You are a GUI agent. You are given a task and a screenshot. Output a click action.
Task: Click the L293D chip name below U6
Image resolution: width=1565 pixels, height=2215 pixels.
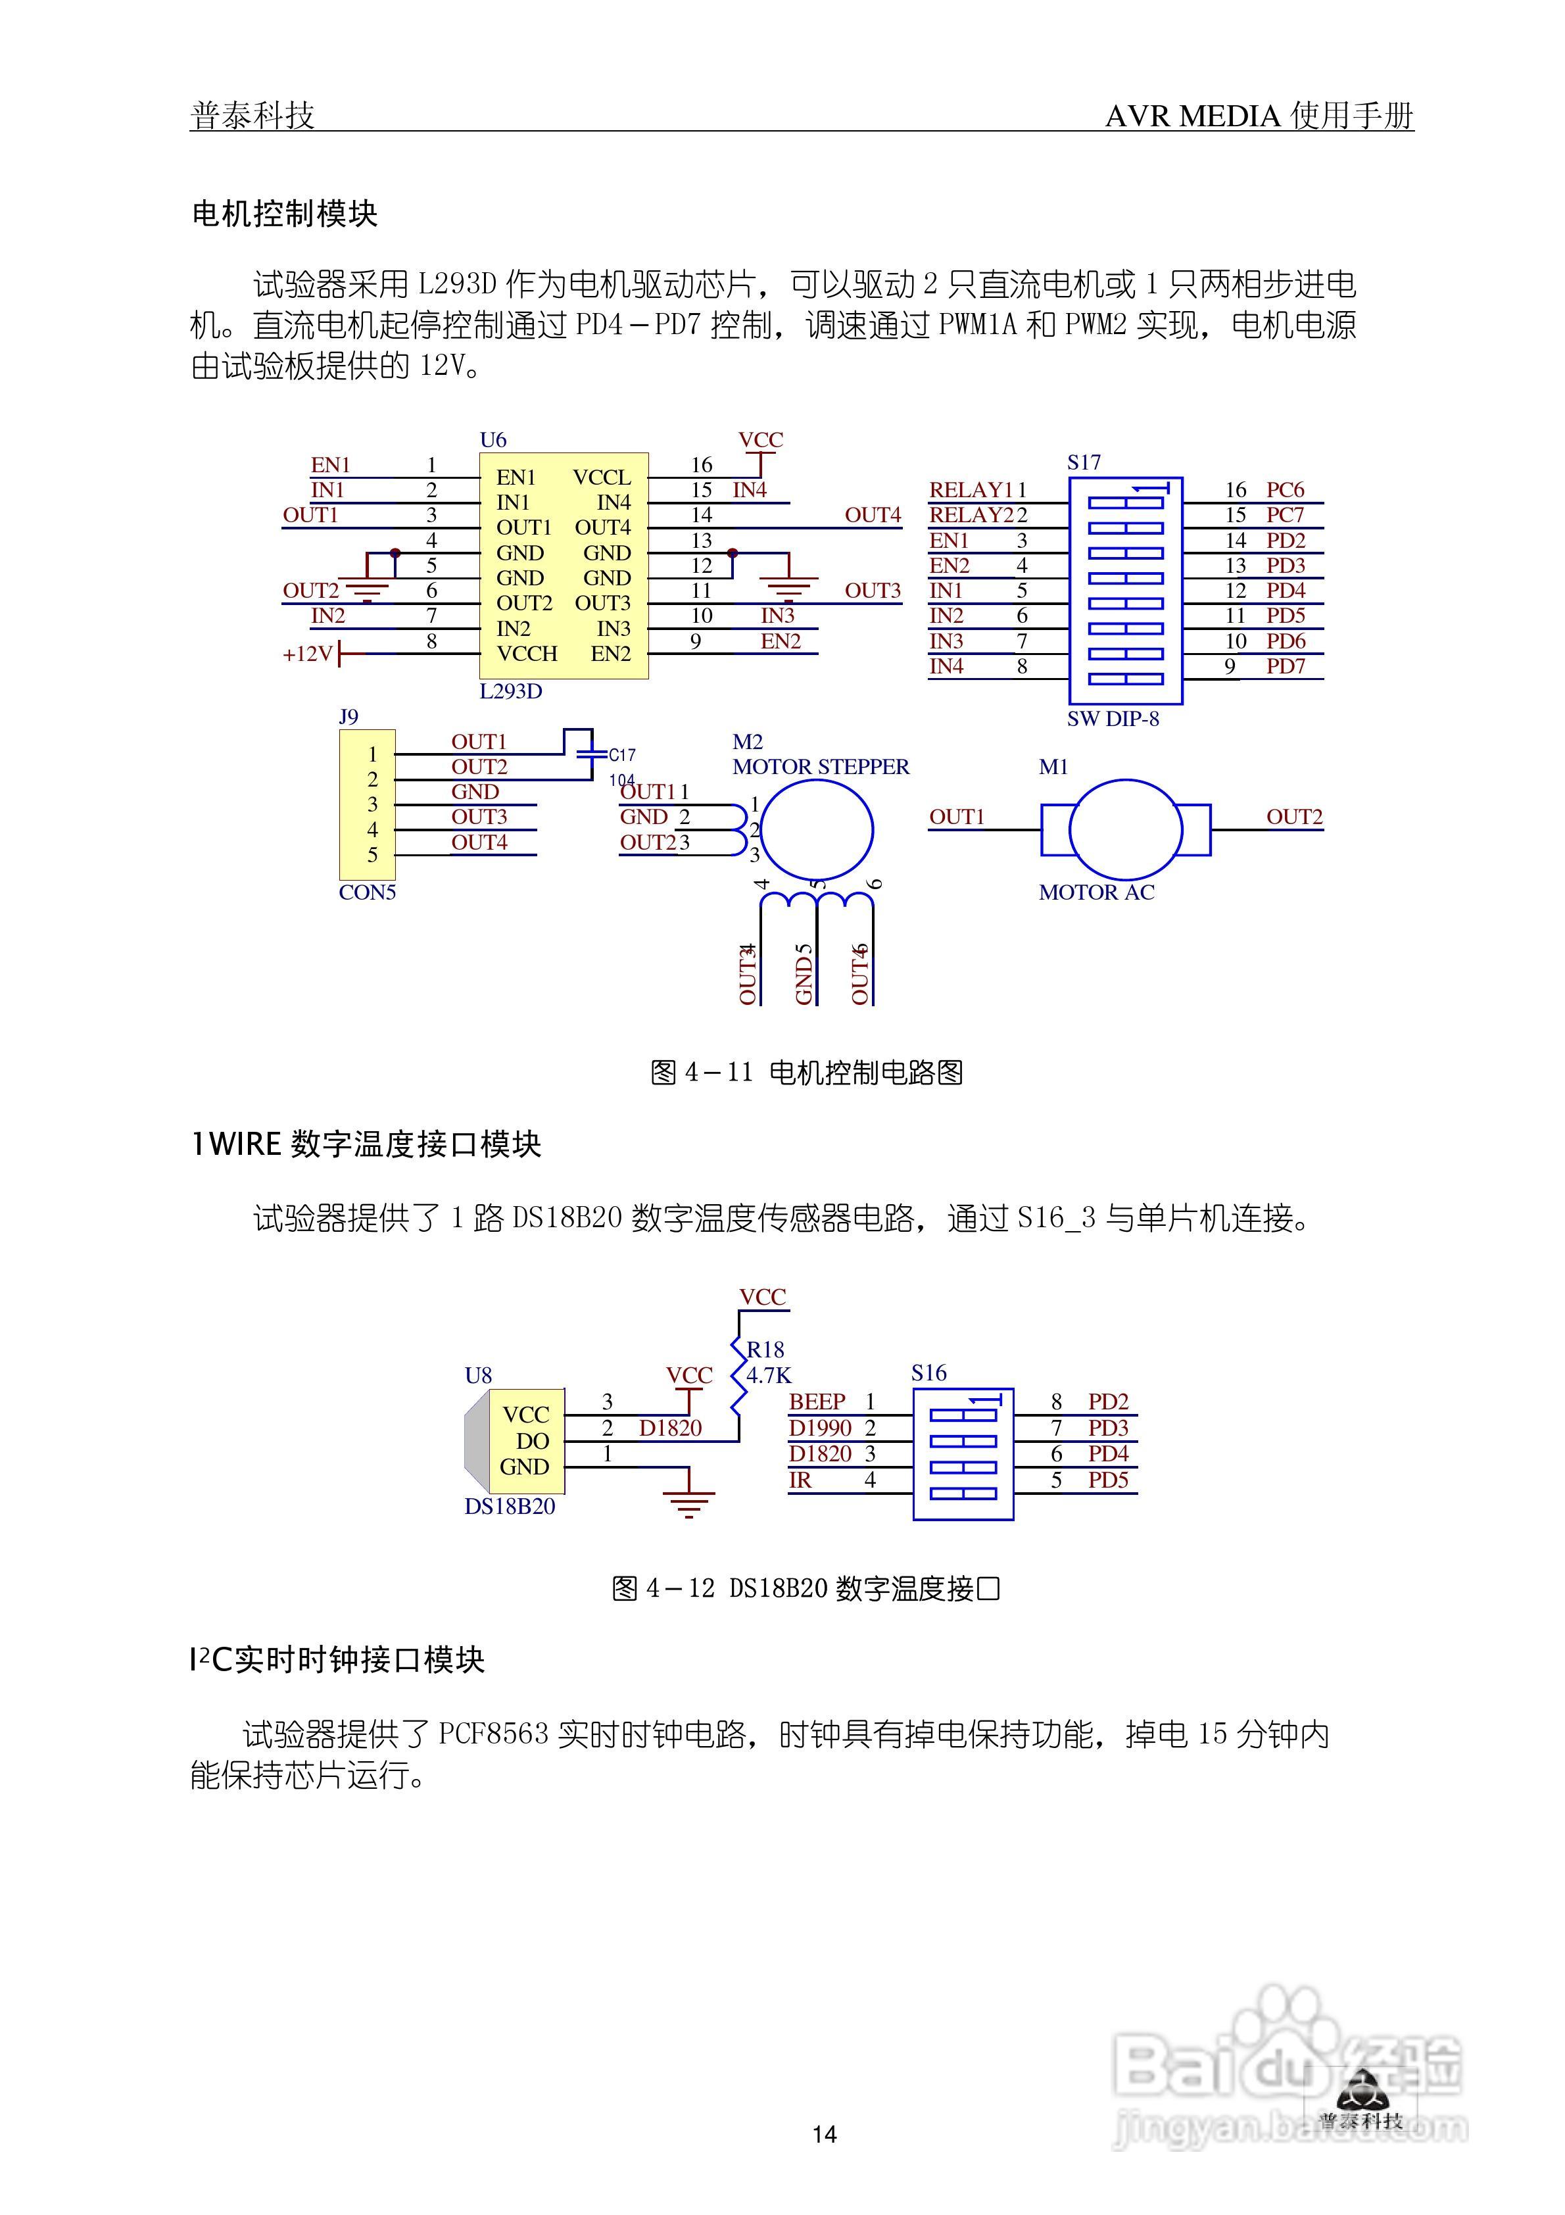click(510, 692)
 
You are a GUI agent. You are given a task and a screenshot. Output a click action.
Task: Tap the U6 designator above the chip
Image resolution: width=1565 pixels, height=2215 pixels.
click(493, 440)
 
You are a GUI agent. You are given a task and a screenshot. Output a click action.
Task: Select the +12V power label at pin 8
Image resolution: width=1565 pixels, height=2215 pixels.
click(308, 654)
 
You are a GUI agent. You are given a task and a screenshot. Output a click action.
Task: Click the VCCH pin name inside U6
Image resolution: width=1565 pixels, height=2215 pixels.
click(527, 654)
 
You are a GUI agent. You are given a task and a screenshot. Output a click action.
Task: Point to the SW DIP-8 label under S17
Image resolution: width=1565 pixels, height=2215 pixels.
click(1113, 719)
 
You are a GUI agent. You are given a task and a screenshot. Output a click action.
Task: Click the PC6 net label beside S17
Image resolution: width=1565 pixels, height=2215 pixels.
click(1285, 490)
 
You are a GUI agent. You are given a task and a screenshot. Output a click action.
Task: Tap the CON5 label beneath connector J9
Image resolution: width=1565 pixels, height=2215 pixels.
click(367, 892)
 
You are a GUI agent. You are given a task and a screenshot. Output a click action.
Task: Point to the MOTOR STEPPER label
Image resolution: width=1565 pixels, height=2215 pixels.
click(820, 767)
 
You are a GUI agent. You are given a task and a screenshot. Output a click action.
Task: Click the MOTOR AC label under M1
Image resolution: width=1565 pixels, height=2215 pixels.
click(1096, 892)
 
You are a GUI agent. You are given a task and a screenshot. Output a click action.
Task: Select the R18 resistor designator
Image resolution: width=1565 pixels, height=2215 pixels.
click(765, 1350)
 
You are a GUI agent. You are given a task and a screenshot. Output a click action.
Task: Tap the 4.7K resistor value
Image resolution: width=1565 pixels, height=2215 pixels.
click(768, 1376)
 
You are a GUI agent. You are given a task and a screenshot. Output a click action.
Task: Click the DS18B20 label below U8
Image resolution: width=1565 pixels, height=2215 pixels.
click(510, 1507)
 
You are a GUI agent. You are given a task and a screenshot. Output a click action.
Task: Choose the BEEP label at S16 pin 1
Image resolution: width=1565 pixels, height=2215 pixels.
click(816, 1401)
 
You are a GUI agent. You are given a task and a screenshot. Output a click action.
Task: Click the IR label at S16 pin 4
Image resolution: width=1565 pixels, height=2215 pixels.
click(800, 1480)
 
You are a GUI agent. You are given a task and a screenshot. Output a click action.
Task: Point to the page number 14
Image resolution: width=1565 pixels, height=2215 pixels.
click(824, 2135)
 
